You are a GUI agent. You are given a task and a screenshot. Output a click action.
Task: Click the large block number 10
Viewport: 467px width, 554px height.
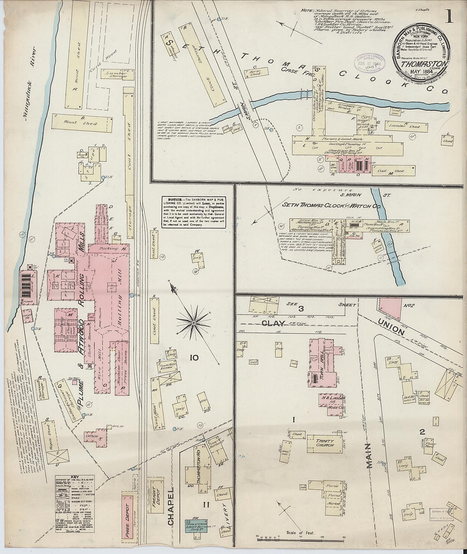pyautogui.click(x=194, y=358)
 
